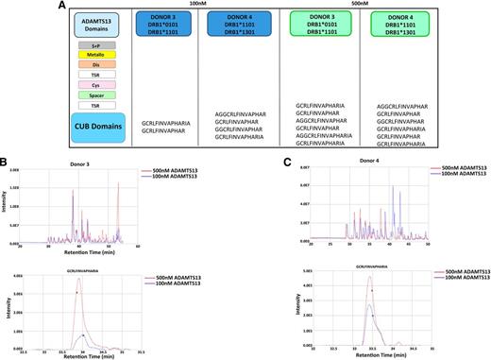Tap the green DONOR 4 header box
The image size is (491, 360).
pyautogui.click(x=421, y=26)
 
